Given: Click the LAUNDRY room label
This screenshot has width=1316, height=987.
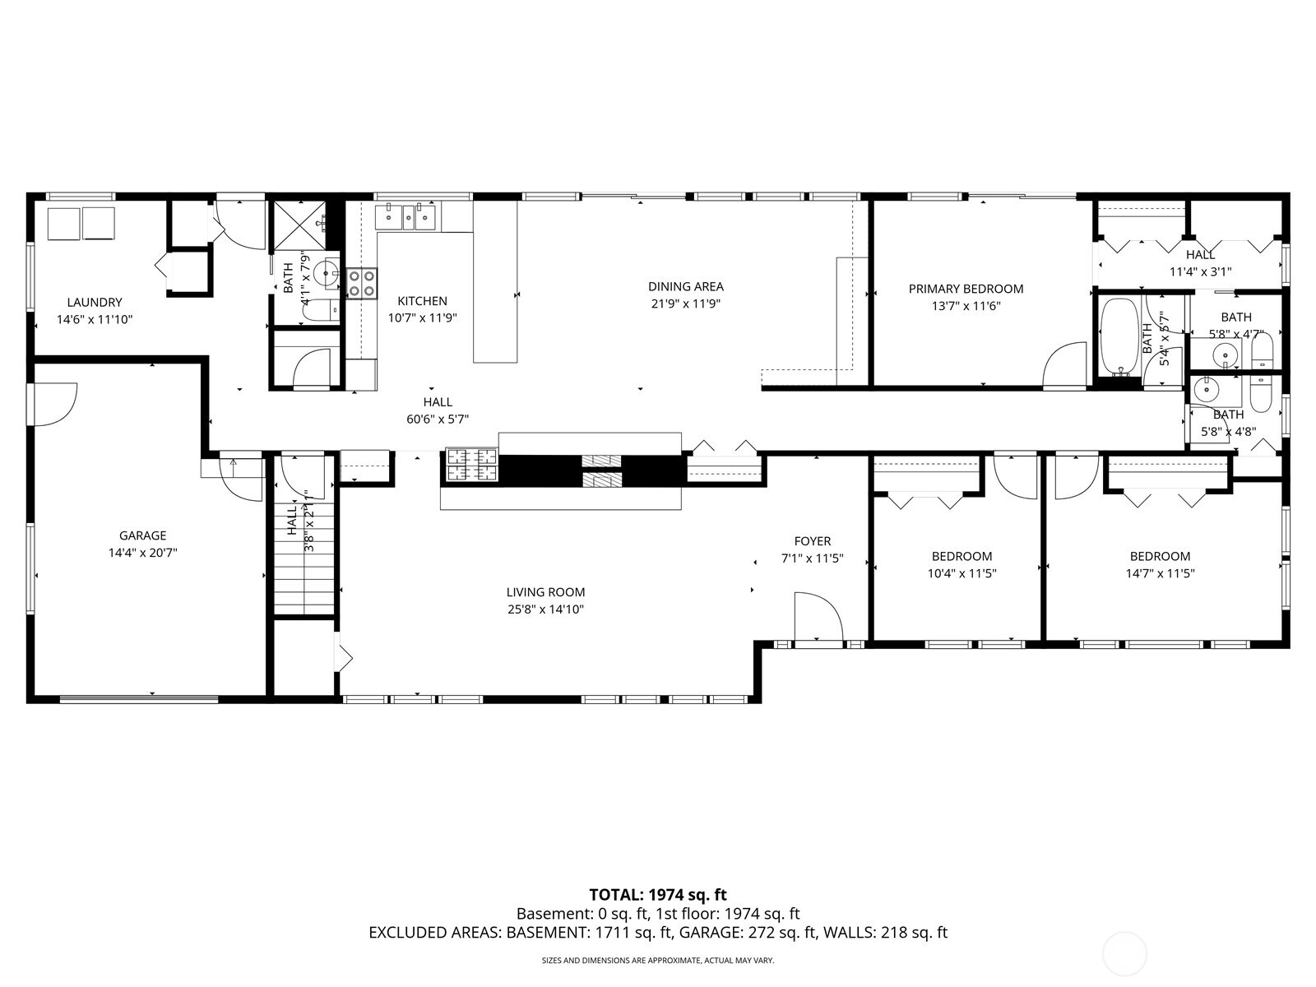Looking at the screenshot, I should click(95, 302).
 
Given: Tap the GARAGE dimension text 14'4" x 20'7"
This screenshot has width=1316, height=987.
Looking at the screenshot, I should click(142, 554).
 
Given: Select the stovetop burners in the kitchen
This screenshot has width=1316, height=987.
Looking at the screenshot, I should click(361, 283).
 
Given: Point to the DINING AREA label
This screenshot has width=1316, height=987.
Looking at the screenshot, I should click(685, 286).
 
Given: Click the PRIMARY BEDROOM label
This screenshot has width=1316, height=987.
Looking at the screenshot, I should click(966, 289).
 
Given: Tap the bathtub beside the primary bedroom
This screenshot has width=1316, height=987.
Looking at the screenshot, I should click(1119, 336).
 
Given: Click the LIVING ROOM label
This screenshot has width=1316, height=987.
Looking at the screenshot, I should click(545, 592).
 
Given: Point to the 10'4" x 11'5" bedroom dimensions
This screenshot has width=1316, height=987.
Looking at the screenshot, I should click(962, 573).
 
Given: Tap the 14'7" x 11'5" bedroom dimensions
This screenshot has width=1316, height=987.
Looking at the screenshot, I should click(1160, 573).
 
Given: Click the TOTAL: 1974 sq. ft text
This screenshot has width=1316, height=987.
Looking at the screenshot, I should click(658, 895).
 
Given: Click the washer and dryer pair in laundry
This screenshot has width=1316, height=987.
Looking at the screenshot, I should click(81, 224).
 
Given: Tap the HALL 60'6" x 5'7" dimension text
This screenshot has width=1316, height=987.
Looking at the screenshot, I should click(438, 419).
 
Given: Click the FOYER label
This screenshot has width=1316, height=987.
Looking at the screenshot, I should click(812, 541).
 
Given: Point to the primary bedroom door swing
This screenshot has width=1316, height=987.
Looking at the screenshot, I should click(1065, 364).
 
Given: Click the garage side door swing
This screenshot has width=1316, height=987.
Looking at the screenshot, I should click(54, 404).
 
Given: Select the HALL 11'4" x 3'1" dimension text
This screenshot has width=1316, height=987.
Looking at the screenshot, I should click(1200, 271).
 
